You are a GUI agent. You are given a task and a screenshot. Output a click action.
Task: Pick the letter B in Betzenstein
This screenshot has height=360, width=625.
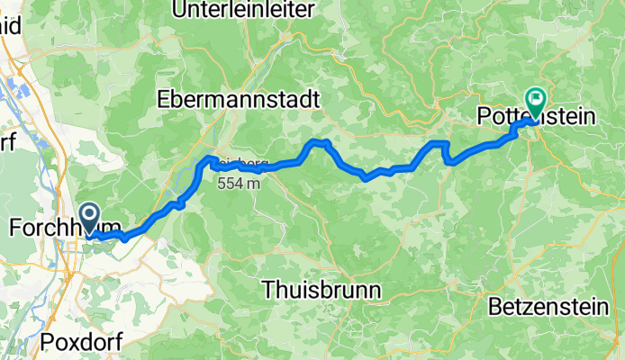point(495,308)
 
